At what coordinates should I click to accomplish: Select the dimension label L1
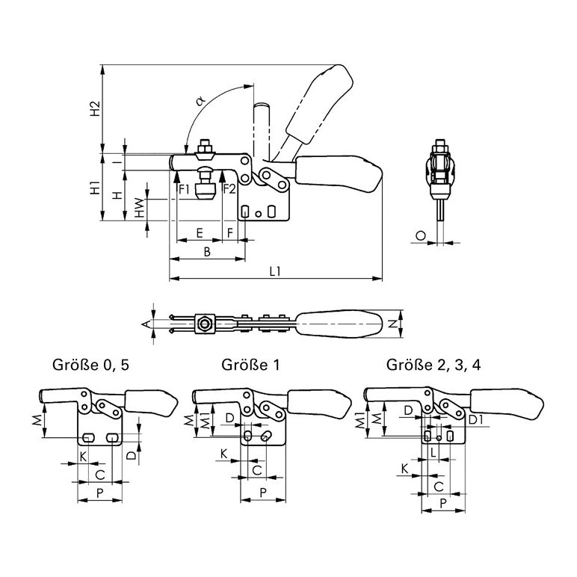click(274, 271)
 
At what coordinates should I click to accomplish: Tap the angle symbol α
click(200, 99)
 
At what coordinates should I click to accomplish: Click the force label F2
click(229, 188)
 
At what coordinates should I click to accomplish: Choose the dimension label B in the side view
click(207, 252)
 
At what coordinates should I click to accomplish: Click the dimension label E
click(199, 232)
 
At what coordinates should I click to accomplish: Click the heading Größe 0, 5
click(96, 365)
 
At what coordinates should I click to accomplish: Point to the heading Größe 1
click(243, 365)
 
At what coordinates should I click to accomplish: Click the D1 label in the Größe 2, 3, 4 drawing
click(474, 420)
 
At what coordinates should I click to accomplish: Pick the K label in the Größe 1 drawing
click(223, 454)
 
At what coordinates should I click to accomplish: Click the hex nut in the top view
click(203, 324)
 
